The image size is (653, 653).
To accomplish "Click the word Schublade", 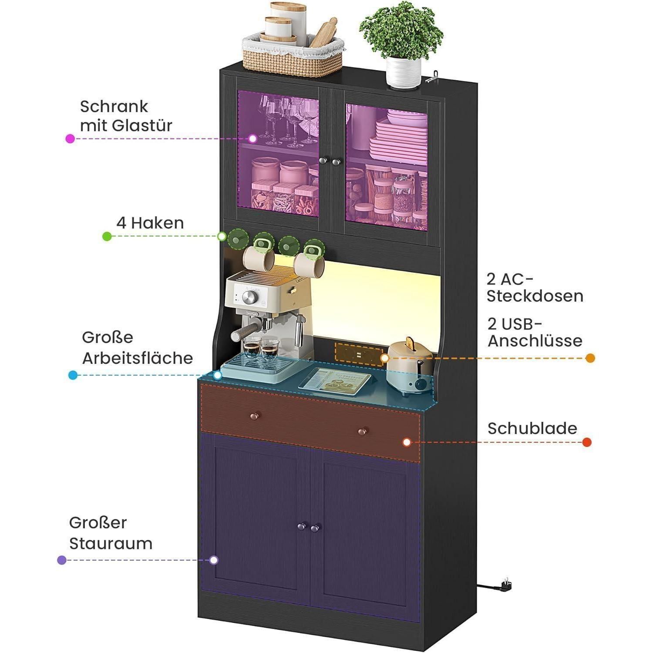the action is tap(532, 428).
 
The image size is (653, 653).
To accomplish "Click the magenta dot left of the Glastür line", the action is tap(70, 138).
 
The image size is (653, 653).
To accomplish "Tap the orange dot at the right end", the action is tap(590, 358).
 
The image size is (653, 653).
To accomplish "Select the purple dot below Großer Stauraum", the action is tap(62, 560).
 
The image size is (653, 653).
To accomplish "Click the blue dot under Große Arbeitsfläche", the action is tap(73, 375).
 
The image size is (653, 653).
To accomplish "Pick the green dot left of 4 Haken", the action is tap(107, 236).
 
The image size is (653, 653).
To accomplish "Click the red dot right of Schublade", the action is tap(587, 442).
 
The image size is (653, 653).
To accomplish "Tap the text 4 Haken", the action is tap(150, 223).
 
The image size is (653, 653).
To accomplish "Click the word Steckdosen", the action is tap(535, 296).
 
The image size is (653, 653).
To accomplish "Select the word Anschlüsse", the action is tap(535, 340).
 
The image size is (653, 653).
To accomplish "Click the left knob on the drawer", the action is tap(253, 417).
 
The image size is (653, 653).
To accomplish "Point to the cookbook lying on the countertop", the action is tap(335, 380).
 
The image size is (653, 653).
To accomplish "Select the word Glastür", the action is tap(142, 125).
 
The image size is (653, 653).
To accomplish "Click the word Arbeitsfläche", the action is tap(138, 358).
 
